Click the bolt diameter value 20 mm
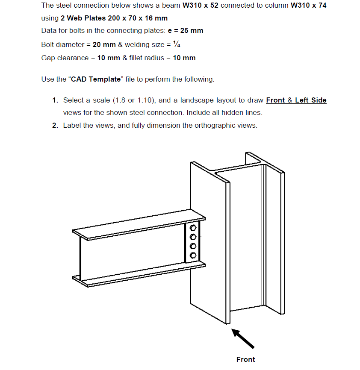click(x=104, y=45)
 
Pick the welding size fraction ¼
click(x=182, y=45)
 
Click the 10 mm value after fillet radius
click(x=184, y=58)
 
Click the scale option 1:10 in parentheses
click(x=145, y=100)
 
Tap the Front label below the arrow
click(x=245, y=359)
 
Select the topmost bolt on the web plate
click(x=193, y=228)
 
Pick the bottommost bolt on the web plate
click(x=193, y=255)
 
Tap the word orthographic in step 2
click(x=213, y=125)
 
